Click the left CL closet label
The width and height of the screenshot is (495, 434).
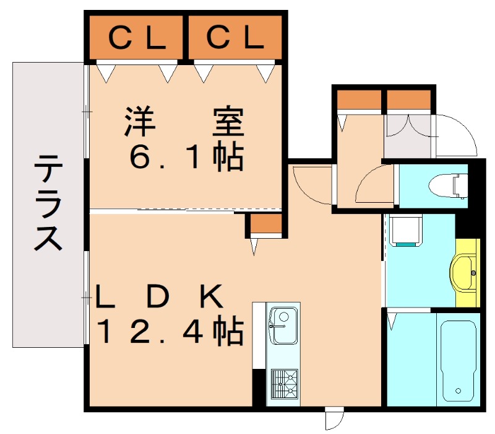(x=137, y=38)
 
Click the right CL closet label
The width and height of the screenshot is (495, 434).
(x=235, y=38)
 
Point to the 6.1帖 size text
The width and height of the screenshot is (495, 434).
(x=185, y=158)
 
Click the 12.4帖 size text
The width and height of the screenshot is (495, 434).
(x=168, y=333)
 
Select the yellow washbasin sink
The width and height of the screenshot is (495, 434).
(x=467, y=272)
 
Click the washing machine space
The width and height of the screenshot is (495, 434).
(x=407, y=231)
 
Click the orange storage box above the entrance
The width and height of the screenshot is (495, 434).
(x=408, y=100)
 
